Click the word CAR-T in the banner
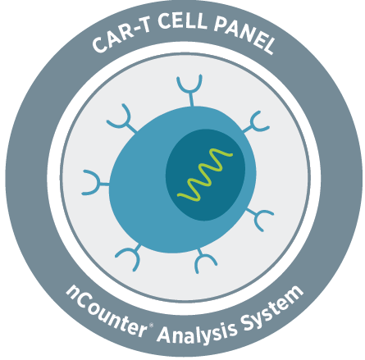coord(121,36)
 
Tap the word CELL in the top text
coord(182,21)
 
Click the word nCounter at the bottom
coord(107,311)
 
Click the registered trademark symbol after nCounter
coord(151,325)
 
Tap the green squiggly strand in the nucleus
coord(205,175)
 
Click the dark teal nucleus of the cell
coord(206,175)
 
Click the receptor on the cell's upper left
coord(123,121)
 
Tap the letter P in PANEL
coord(221,24)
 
